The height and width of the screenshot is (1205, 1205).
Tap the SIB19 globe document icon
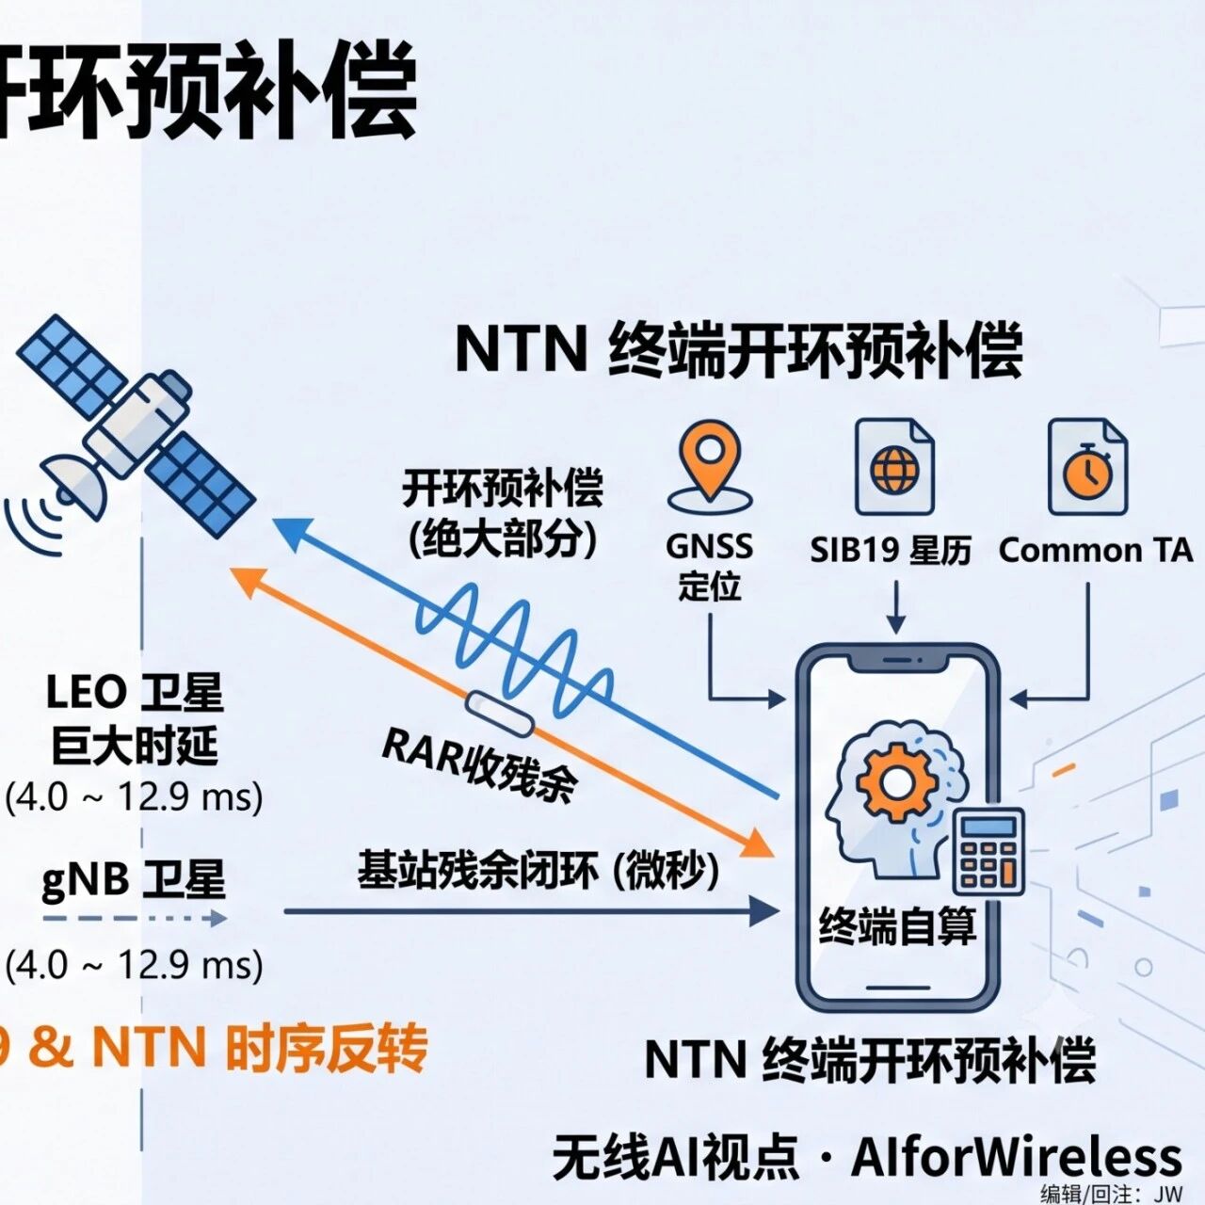coord(895,467)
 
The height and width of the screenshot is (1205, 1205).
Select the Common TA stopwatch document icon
coord(1087,467)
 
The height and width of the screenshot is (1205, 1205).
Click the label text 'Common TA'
coord(1096,551)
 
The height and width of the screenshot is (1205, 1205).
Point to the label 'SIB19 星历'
coord(891,551)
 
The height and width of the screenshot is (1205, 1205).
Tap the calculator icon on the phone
coord(988,851)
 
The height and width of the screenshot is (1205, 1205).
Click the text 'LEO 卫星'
coord(135,694)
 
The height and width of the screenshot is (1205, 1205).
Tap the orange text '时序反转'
coord(327,1048)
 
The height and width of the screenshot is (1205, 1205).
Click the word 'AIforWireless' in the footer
coord(1016,1158)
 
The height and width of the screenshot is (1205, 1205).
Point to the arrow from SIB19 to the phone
coord(896,607)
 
